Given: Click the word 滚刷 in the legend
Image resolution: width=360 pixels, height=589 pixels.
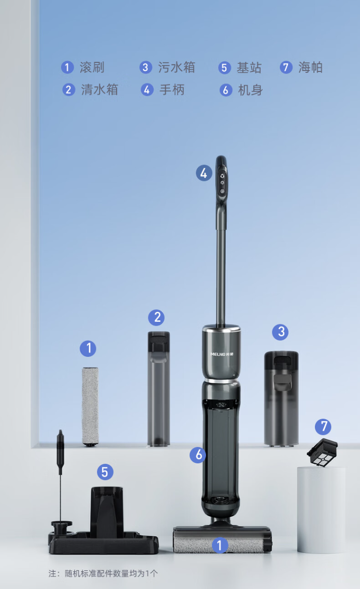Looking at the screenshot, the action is coord(92,67).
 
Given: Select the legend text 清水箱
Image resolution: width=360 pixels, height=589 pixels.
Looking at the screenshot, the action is coord(99,90).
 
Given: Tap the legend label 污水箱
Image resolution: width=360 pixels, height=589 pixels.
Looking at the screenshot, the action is coord(177,67).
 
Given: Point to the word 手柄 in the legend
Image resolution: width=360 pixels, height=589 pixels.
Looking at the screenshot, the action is coord(172,90).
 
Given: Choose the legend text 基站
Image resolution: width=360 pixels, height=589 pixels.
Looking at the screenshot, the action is coord(249,68).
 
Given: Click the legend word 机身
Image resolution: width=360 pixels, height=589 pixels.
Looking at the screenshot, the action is coord(250,90).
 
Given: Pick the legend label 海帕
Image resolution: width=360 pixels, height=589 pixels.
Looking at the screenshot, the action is coord(311,67).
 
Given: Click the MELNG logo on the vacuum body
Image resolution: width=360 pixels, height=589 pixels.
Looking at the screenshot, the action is coord(222,354).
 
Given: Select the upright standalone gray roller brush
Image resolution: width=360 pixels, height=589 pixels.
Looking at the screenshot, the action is coord(90,407).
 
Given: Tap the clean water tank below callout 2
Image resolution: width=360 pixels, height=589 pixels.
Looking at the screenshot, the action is coord(158,389).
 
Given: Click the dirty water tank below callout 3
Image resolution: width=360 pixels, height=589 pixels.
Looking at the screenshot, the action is coord(281,399).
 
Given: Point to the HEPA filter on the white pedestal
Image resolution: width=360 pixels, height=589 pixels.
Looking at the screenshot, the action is coord(323,452).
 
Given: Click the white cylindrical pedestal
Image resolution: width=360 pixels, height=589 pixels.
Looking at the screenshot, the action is coord(321,510).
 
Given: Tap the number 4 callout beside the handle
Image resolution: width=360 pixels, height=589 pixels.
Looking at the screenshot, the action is coord(204,173).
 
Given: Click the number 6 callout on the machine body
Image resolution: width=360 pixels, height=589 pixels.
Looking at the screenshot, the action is coord(198,455).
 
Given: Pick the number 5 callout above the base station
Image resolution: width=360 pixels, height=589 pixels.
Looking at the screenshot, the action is coord(105,472).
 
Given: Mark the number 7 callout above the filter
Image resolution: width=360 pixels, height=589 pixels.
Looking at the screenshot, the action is coord(323,426).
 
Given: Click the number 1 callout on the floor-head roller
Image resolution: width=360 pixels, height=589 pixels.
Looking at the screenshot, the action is coord(220,545).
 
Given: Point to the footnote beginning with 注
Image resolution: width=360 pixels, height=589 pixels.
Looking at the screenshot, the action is coord(103,574).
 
